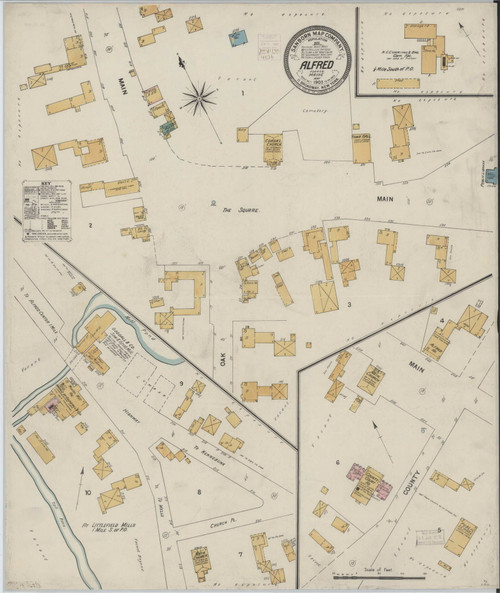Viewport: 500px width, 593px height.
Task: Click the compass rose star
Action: tap(199, 97)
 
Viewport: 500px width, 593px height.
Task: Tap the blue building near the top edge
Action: tap(238, 38)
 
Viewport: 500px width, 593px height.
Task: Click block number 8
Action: tap(199, 492)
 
